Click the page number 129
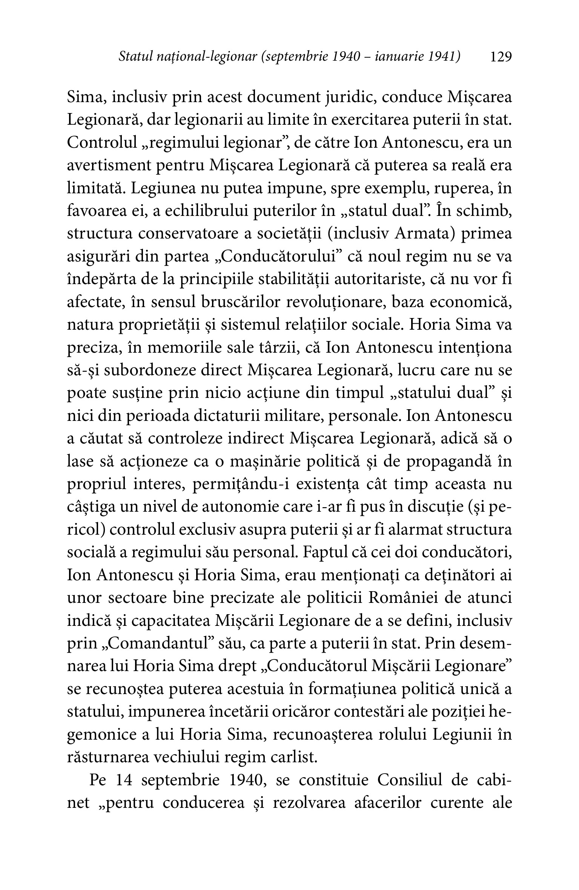pyautogui.click(x=500, y=57)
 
